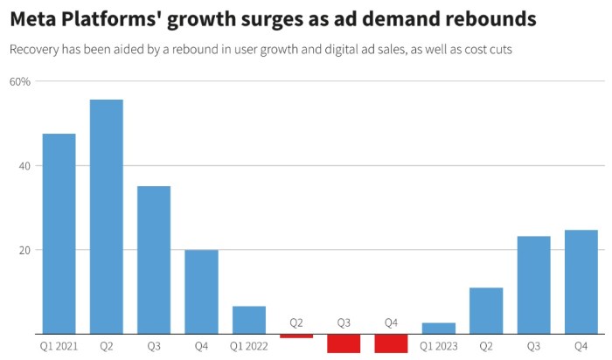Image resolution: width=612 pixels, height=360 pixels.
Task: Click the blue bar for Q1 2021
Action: pyautogui.click(x=59, y=233)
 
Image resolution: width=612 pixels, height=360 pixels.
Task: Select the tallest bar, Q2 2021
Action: pyautogui.click(x=107, y=217)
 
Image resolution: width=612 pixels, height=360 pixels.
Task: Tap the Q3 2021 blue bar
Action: pyautogui.click(x=154, y=260)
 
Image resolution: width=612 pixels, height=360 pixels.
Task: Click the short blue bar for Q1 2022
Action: pyautogui.click(x=248, y=320)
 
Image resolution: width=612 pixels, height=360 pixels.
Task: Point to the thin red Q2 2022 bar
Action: pyautogui.click(x=296, y=336)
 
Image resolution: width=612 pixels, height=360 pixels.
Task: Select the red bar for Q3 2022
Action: pyautogui.click(x=344, y=343)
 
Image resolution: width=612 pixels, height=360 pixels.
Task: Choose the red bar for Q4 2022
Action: pyautogui.click(x=391, y=343)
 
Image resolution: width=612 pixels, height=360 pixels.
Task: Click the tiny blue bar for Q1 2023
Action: pyautogui.click(x=438, y=329)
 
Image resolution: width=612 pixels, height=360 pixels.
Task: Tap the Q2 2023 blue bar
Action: pyautogui.click(x=486, y=310)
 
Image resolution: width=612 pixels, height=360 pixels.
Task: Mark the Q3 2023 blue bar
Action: pyautogui.click(x=533, y=285)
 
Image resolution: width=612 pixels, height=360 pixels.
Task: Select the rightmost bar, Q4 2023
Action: pyautogui.click(x=581, y=281)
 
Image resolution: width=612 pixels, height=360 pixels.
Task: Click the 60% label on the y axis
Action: pyautogui.click(x=20, y=81)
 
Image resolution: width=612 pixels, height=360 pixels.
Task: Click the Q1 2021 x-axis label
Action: pyautogui.click(x=59, y=346)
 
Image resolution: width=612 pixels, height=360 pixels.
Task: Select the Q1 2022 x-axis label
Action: pyautogui.click(x=248, y=346)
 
